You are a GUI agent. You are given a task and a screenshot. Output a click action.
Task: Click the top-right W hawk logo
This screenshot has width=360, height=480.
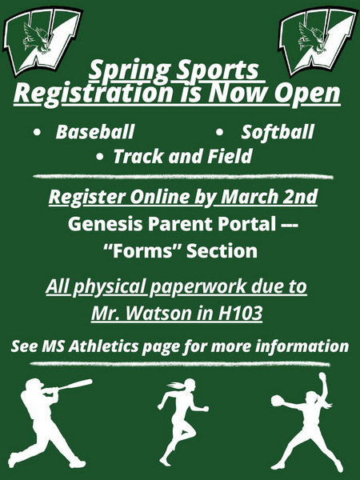(x=318, y=40)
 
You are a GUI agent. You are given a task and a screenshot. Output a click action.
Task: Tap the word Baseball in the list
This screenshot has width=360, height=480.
(x=94, y=132)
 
